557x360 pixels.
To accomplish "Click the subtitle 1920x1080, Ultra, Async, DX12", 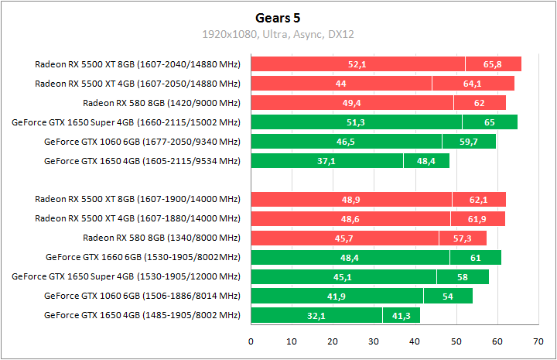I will pos(278,34).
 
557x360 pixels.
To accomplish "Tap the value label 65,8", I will pos(493,64).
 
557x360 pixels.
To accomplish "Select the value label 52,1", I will pos(357,64).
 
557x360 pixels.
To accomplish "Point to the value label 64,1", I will pos(473,84).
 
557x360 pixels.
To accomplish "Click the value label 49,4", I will pos(352,103).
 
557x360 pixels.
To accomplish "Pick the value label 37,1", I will pos(326,161).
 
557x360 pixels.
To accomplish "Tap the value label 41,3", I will pos(401,315).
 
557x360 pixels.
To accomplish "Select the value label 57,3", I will pos(463,238).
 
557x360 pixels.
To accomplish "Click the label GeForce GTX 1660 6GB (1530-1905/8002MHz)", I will pos(143,257).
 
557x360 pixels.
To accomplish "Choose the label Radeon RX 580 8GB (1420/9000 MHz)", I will pos(162,103).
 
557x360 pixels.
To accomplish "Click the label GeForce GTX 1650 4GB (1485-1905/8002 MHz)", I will pos(142,315).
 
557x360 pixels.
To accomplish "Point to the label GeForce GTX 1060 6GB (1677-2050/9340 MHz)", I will pos(142,142).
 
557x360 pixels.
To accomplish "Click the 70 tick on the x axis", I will pos(538,341).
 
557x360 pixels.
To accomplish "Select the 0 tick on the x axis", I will pos(251,341).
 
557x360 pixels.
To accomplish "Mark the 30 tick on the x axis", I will pos(374,341).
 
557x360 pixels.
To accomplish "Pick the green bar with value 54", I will pos(446,296).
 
